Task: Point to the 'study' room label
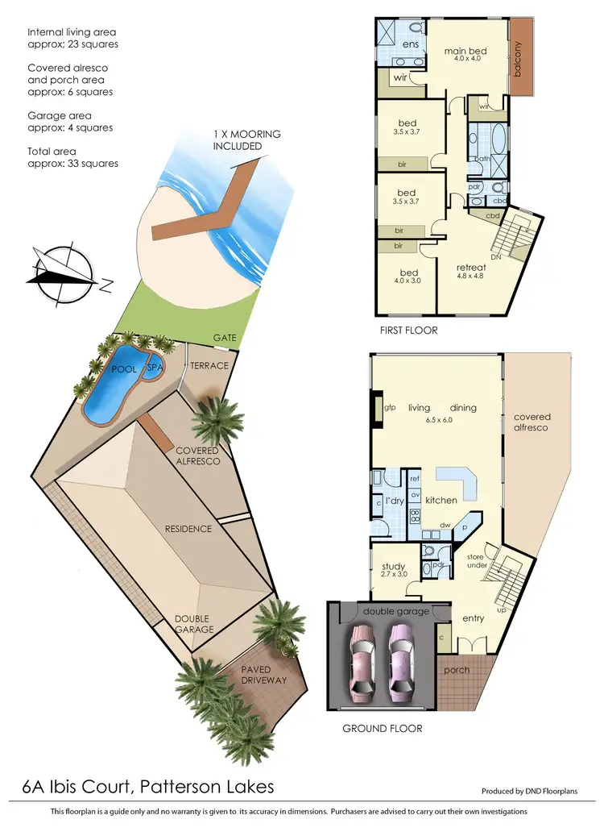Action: pos(393,566)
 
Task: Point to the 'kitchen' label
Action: pos(441,501)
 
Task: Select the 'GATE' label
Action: pos(225,338)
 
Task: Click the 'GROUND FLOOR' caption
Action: pos(382,728)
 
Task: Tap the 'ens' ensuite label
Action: pos(410,44)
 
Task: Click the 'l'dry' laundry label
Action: pos(395,501)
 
